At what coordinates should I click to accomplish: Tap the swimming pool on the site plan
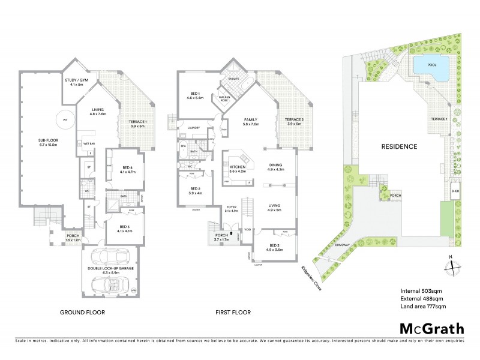[431, 68]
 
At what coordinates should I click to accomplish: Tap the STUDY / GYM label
[76, 82]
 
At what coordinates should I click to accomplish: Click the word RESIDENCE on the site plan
[400, 146]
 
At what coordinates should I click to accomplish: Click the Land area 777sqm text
[423, 306]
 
